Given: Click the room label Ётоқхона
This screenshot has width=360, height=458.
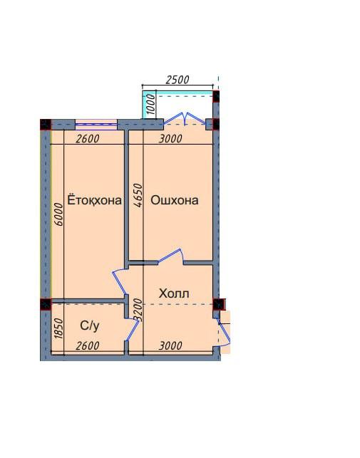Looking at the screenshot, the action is (95, 200).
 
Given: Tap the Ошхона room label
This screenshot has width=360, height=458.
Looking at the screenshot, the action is (175, 200).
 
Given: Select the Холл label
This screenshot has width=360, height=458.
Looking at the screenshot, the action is (174, 293).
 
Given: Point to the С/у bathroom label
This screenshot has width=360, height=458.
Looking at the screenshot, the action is (90, 326).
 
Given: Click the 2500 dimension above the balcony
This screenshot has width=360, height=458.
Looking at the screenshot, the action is (178, 80).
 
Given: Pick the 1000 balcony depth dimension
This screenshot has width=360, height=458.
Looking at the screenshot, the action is (151, 104).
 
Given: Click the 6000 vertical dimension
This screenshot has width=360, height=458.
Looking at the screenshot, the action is (58, 214).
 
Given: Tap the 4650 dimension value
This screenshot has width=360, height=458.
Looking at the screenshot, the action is (138, 195).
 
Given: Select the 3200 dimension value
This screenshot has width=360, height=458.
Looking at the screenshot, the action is (138, 310).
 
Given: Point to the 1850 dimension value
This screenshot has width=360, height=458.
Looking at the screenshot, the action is (58, 328).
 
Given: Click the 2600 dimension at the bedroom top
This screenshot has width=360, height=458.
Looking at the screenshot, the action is (88, 139).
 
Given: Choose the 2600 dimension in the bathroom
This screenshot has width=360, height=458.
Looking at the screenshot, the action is (88, 346).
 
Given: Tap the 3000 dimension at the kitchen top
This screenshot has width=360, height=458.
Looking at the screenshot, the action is (170, 139).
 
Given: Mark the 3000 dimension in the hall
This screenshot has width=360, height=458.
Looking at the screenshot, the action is (170, 346).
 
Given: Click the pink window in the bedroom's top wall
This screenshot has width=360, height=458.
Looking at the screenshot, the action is (96, 125).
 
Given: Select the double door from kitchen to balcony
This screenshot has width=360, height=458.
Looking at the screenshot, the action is (185, 118).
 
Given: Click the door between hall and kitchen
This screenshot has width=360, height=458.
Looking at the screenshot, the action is (171, 256).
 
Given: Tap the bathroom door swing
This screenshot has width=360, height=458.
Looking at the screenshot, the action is (132, 330).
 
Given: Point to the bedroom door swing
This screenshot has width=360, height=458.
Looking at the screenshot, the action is (119, 282).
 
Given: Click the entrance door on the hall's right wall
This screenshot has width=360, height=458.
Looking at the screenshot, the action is (224, 333).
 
